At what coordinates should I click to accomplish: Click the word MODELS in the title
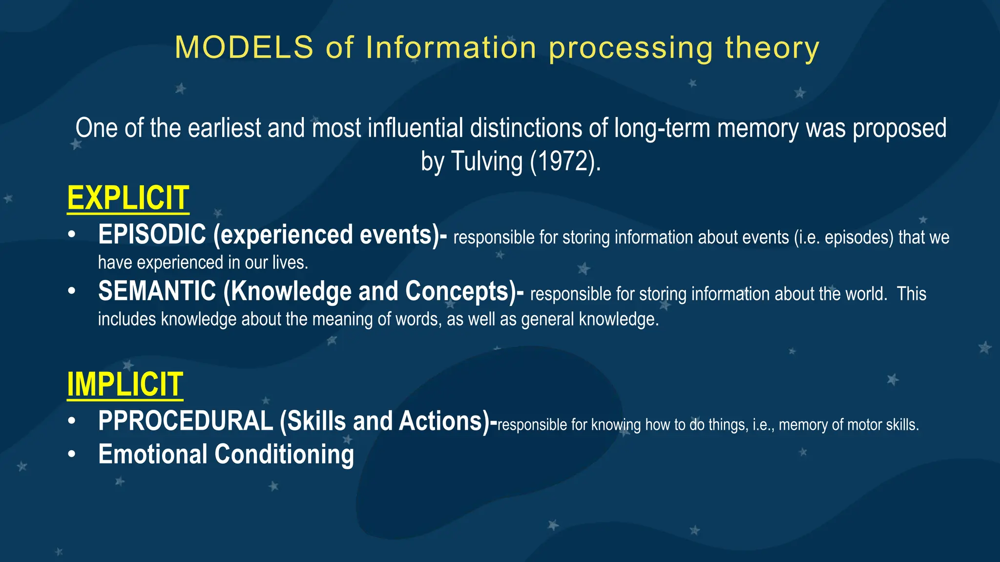[244, 48]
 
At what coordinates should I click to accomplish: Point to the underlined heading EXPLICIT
[128, 198]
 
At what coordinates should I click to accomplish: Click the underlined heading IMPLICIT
[125, 384]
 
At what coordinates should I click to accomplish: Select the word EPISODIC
[152, 235]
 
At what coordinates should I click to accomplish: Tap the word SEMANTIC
[157, 291]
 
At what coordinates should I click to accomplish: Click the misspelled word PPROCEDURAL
[186, 421]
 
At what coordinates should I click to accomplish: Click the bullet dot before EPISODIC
[72, 235]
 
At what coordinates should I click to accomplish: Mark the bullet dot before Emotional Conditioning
[72, 454]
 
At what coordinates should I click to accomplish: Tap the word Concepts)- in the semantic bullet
[464, 291]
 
